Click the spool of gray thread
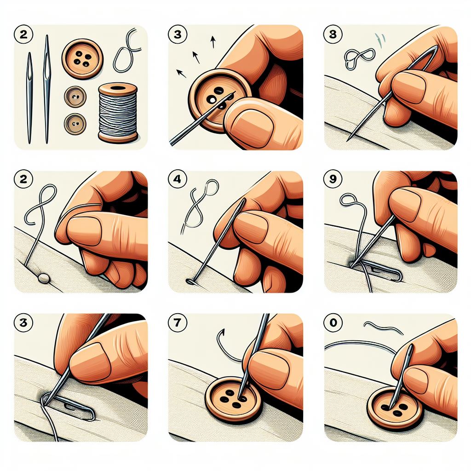[118, 113]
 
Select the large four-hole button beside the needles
[83, 59]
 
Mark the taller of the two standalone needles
[46, 87]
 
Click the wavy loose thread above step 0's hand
[379, 327]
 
